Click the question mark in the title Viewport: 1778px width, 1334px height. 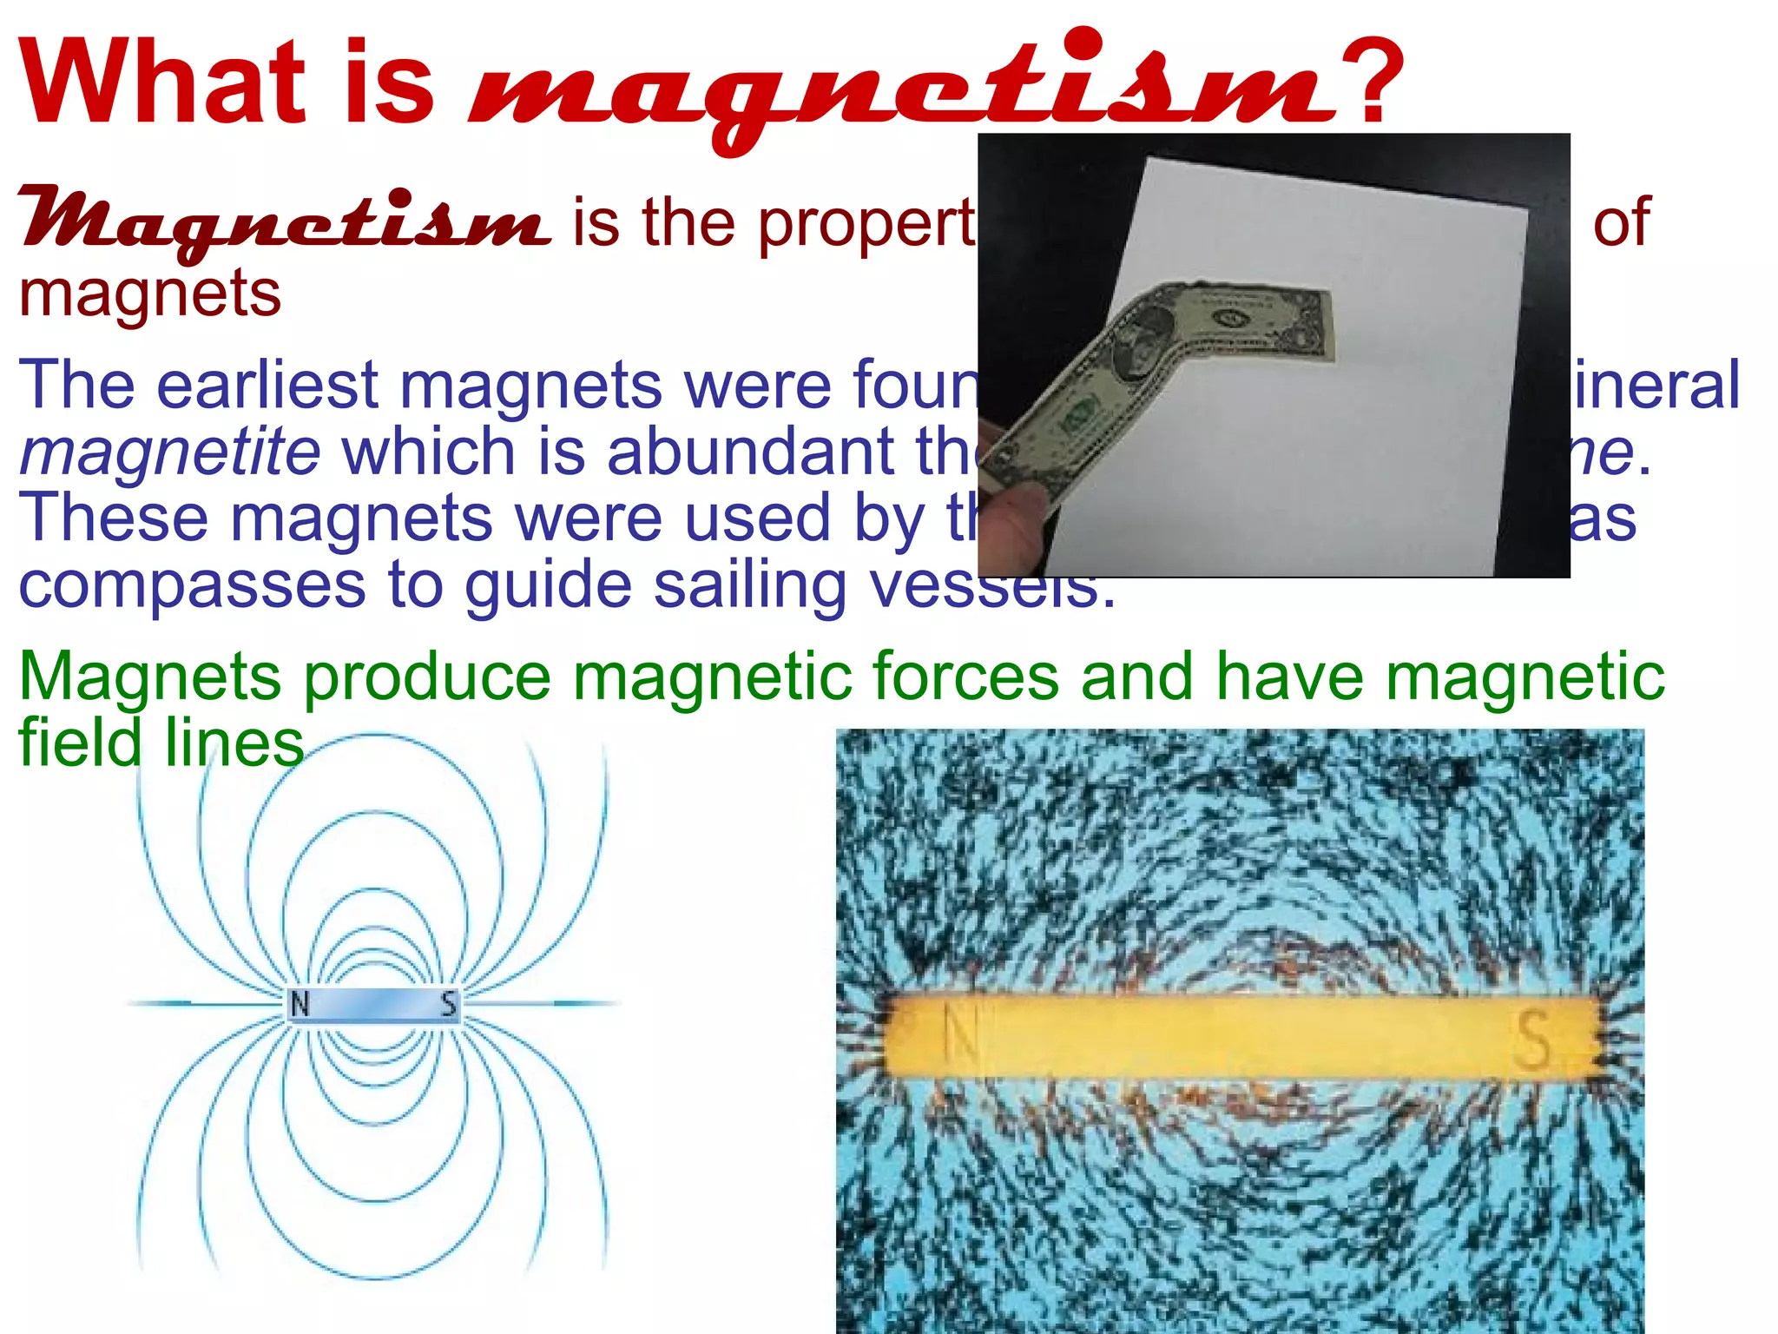tap(1372, 83)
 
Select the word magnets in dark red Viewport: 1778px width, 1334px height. tap(149, 294)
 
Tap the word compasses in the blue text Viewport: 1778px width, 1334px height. tap(192, 585)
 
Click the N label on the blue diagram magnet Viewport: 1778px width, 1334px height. tap(300, 1004)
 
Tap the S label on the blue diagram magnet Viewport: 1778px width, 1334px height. tap(448, 1004)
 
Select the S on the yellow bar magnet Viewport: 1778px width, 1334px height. tap(1532, 1040)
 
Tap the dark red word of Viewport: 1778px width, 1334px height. tap(1621, 222)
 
